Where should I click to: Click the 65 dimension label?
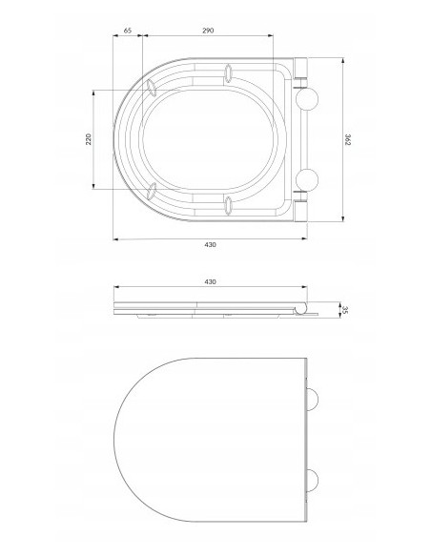pos(128,31)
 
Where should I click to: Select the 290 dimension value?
pos(208,31)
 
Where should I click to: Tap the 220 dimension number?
pos(89,139)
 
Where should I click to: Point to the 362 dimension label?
pos(348,139)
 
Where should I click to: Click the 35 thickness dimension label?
pos(345,310)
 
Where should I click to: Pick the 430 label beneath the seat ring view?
pos(210,245)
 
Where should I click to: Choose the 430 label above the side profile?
pos(210,282)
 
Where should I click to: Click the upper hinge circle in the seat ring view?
pos(307,99)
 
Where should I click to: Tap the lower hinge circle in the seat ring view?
pos(307,179)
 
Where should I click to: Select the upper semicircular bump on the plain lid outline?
pos(313,400)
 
